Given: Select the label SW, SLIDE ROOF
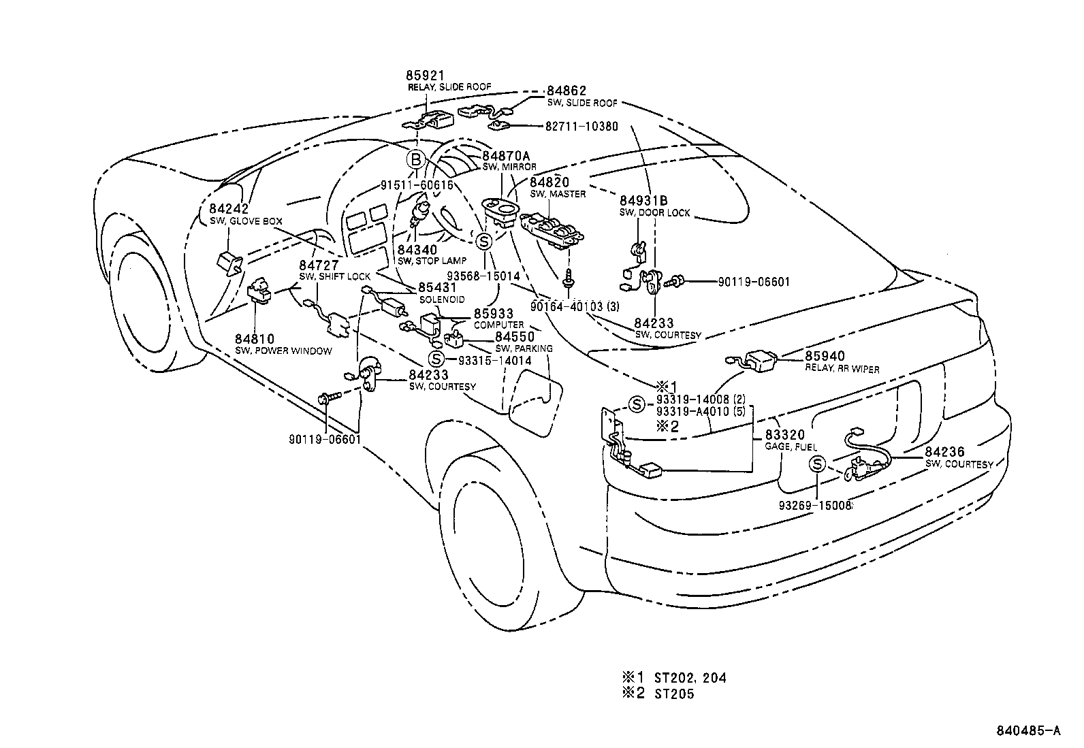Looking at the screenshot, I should (x=581, y=103).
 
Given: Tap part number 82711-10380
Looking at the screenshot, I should (x=581, y=127).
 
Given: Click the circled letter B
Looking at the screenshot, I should (x=415, y=160).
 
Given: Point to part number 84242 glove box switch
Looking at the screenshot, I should (x=229, y=210).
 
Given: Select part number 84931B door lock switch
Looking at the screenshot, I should (x=643, y=201).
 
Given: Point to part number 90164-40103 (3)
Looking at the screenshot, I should (x=576, y=306).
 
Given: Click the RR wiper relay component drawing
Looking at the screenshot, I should (x=760, y=361).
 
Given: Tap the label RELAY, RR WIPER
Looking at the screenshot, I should (x=842, y=369).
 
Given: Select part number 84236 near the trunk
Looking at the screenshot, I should (x=944, y=452).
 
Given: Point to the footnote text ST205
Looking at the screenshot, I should (x=675, y=694).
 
